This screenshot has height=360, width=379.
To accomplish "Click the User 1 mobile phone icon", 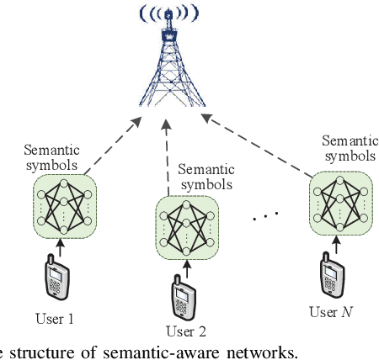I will click(56, 281).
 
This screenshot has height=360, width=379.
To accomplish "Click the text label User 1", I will click(55, 319).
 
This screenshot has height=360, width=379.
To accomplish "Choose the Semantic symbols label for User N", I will click(349, 149).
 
